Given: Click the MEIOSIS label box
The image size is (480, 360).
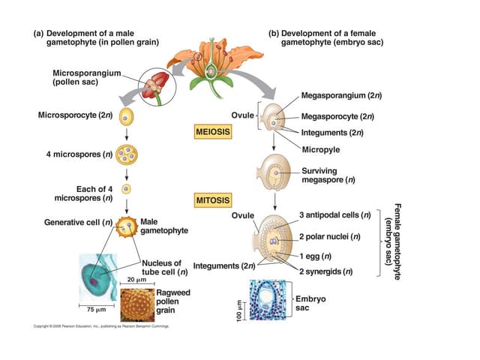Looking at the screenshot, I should click(x=213, y=132).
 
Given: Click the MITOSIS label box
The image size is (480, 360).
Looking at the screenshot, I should click(x=212, y=200).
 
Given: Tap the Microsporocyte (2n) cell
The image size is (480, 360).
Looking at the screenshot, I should click(x=127, y=117).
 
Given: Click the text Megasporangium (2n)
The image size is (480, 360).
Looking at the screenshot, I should click(x=337, y=97).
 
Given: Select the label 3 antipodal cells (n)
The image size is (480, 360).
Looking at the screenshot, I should click(x=334, y=215).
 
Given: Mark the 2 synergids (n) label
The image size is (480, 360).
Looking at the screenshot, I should click(x=326, y=271).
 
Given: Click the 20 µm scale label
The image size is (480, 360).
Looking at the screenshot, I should click(x=136, y=280).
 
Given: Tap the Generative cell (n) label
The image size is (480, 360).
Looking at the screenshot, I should click(x=78, y=223).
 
